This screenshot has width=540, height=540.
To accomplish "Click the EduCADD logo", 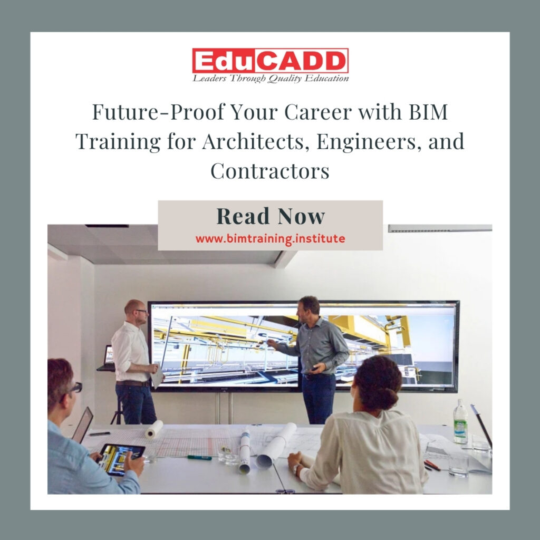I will point(270,60).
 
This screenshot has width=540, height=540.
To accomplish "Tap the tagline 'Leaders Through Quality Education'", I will point(270,79).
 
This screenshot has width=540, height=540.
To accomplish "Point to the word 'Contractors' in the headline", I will point(270,171).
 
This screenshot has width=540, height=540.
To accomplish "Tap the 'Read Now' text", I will point(270,216).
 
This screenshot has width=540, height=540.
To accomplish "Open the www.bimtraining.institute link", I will point(270,238).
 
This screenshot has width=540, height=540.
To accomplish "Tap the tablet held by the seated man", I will point(121,457).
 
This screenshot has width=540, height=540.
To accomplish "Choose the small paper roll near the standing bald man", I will point(155,429).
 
